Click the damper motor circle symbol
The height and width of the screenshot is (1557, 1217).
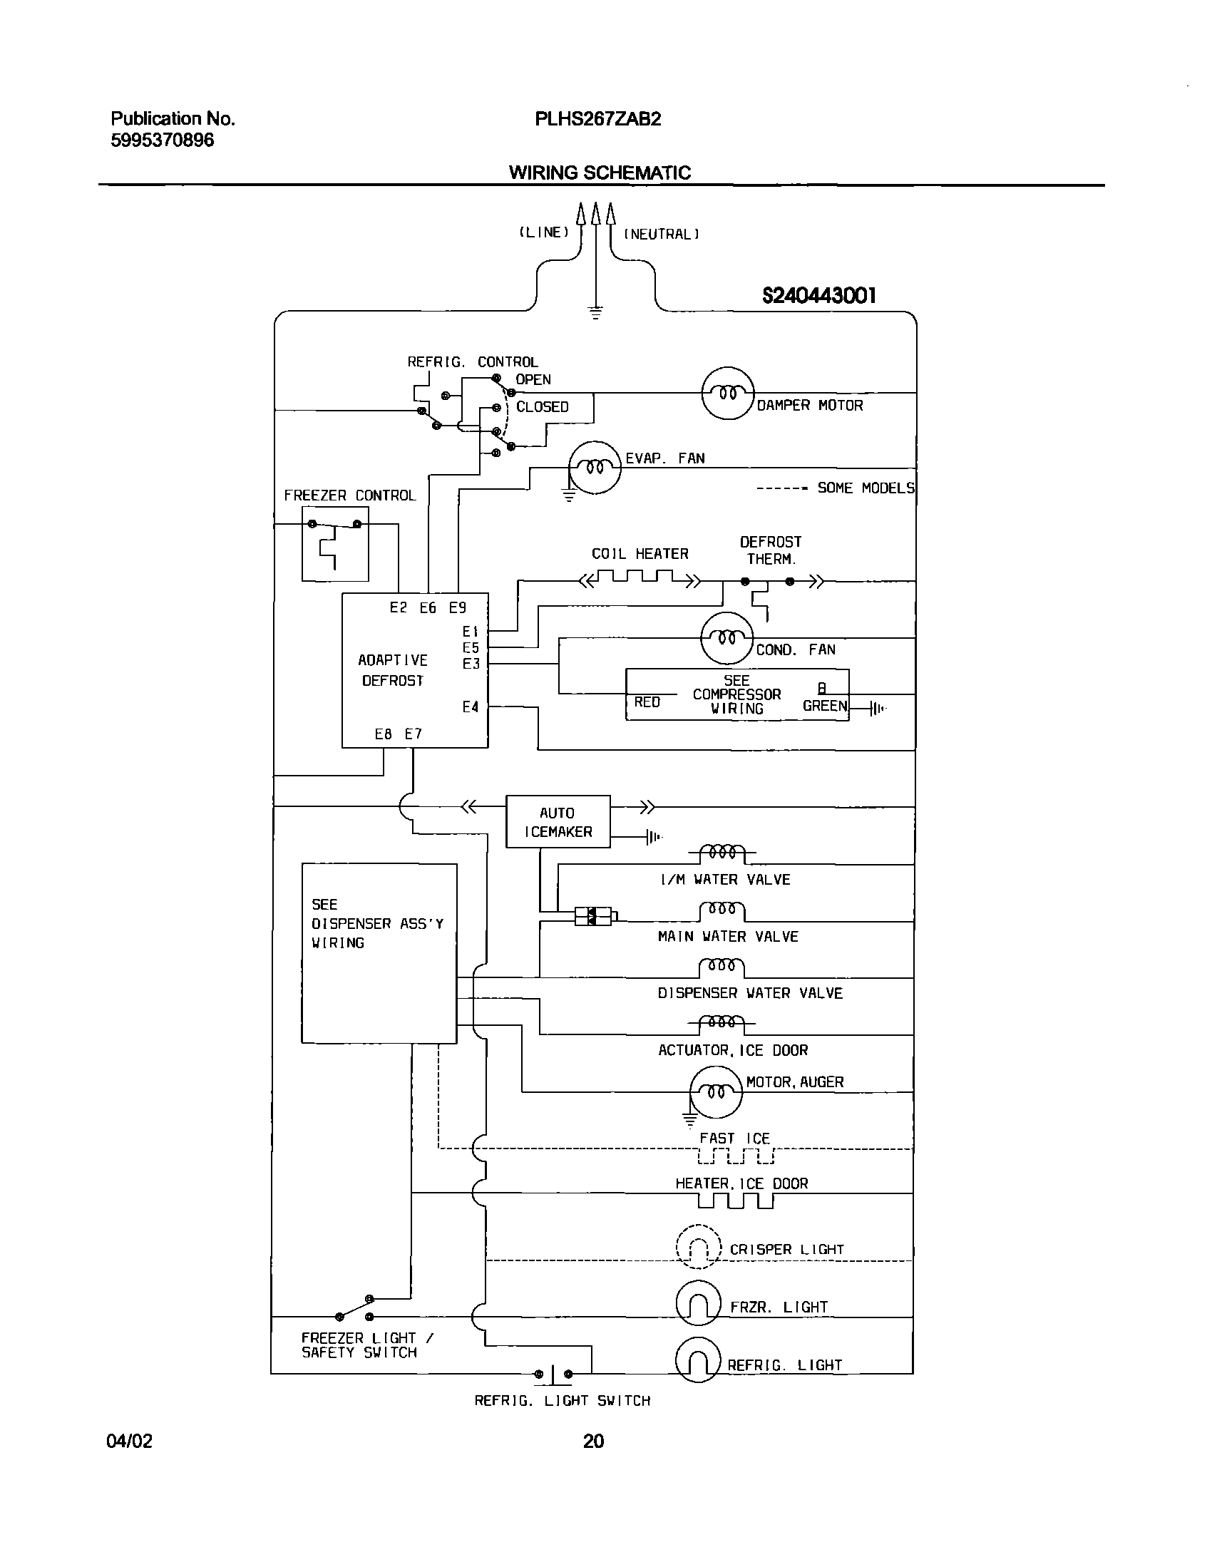[x=727, y=393]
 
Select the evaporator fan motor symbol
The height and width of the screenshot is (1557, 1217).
[x=594, y=467]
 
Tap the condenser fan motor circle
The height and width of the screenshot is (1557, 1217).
[x=726, y=638]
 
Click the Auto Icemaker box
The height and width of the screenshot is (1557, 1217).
[x=558, y=821]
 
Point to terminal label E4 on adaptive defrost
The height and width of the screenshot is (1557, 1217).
[x=470, y=707]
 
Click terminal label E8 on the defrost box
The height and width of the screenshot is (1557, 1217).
[x=384, y=734]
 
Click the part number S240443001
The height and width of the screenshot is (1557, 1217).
[x=818, y=295]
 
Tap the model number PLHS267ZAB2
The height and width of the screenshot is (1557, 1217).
[x=597, y=119]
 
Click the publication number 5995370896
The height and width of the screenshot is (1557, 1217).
[x=162, y=140]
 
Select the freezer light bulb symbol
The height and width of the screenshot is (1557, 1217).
[x=699, y=1303]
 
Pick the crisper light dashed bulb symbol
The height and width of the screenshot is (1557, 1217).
[x=699, y=1246]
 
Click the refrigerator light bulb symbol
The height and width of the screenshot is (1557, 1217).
[x=699, y=1361]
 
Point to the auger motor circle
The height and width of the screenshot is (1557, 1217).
[x=716, y=1091]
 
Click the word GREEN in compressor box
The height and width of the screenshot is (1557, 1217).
[x=825, y=706]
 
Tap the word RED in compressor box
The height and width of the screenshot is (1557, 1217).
[x=647, y=702]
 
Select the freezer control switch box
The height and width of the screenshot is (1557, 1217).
[x=335, y=544]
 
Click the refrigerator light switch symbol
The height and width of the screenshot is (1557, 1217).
[x=553, y=1373]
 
